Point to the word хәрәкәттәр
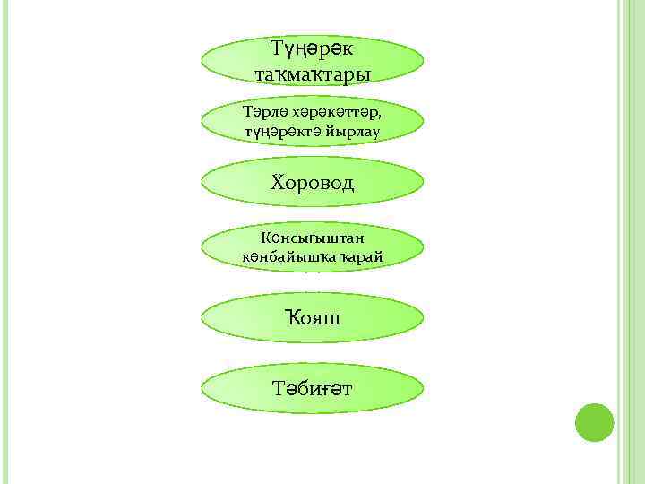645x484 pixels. (339, 112)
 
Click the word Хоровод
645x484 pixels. (312, 183)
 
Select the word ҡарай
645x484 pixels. (361, 256)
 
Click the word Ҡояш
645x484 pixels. (312, 319)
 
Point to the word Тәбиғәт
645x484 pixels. (312, 388)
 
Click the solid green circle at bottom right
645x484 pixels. (594, 422)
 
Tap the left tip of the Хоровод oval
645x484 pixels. (202, 183)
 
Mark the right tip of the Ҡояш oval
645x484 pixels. (423, 319)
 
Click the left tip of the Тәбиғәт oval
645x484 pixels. (202, 388)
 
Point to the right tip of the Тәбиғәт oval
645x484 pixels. (423, 388)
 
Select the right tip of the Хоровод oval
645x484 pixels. (423, 183)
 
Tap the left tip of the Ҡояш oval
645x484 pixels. (202, 319)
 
